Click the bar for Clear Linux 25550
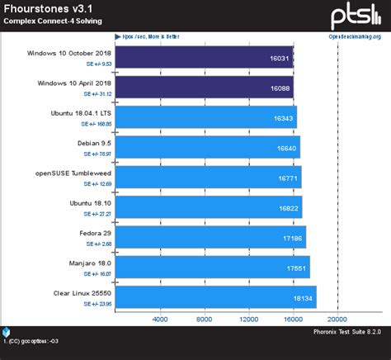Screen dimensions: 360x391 click(x=214, y=296)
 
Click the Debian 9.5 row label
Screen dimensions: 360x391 click(x=95, y=142)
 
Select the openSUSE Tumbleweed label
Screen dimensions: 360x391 click(x=75, y=172)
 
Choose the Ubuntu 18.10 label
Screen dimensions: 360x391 click(x=92, y=201)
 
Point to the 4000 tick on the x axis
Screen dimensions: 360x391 click(x=159, y=319)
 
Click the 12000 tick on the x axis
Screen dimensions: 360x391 click(x=247, y=319)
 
